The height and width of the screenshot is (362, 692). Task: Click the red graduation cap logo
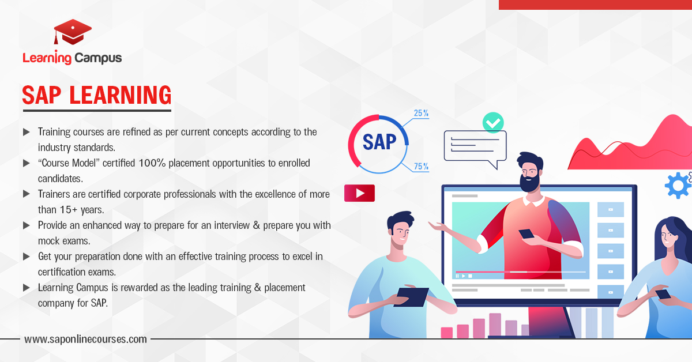click(x=73, y=32)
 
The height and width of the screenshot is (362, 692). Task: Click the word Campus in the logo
click(x=98, y=58)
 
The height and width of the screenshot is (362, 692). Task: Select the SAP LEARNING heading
click(x=97, y=95)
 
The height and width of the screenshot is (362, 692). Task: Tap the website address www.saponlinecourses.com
click(x=85, y=339)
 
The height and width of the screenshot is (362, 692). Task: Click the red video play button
click(x=359, y=193)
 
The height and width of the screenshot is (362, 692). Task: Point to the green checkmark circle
click(x=493, y=123)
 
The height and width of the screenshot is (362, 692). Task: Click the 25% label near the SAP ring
click(x=421, y=113)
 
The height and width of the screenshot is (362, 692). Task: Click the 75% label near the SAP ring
click(x=421, y=167)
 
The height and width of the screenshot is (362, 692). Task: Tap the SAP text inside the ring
click(x=379, y=142)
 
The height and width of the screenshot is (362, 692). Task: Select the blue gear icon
click(x=678, y=186)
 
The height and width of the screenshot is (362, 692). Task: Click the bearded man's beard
click(x=529, y=183)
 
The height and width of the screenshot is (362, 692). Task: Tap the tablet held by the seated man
click(x=411, y=297)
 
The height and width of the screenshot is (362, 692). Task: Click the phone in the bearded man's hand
click(x=526, y=234)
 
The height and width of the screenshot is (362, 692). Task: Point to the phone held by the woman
click(x=663, y=294)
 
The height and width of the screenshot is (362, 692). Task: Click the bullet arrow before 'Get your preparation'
click(x=27, y=257)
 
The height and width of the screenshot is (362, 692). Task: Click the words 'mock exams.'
click(x=64, y=241)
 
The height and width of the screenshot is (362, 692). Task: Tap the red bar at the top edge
click(x=595, y=5)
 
